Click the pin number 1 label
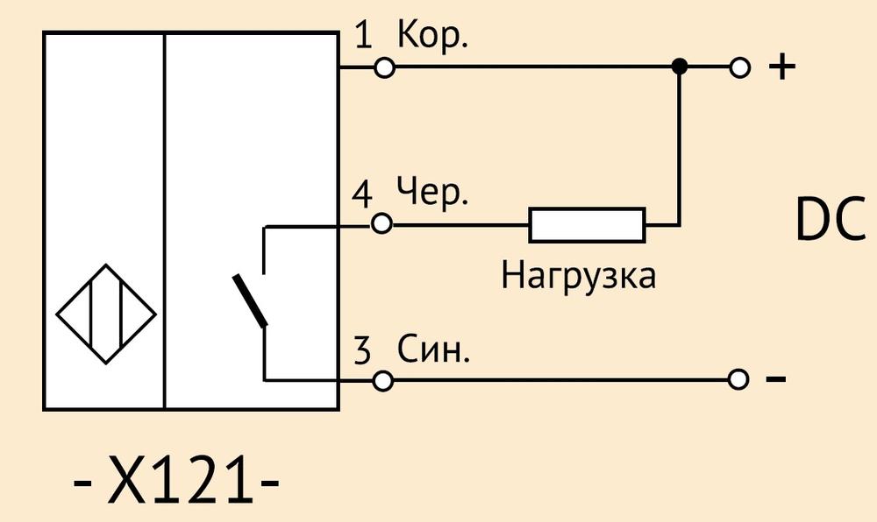tap(364, 35)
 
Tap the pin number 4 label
tap(362, 194)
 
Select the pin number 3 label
tap(362, 350)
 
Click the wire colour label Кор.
tap(431, 35)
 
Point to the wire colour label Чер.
tap(431, 193)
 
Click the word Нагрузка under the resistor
tap(578, 276)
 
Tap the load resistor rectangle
tap(588, 225)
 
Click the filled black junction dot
tap(679, 67)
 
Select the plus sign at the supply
tap(782, 67)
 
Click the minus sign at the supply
tap(776, 379)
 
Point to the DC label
tap(830, 220)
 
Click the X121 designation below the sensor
tap(176, 479)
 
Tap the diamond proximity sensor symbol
tap(106, 314)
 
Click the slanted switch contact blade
tap(250, 300)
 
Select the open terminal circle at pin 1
tap(384, 67)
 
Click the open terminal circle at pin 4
tap(382, 224)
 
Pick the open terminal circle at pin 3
tap(383, 381)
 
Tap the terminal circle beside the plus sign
tap(740, 67)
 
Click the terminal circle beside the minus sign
tap(738, 379)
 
